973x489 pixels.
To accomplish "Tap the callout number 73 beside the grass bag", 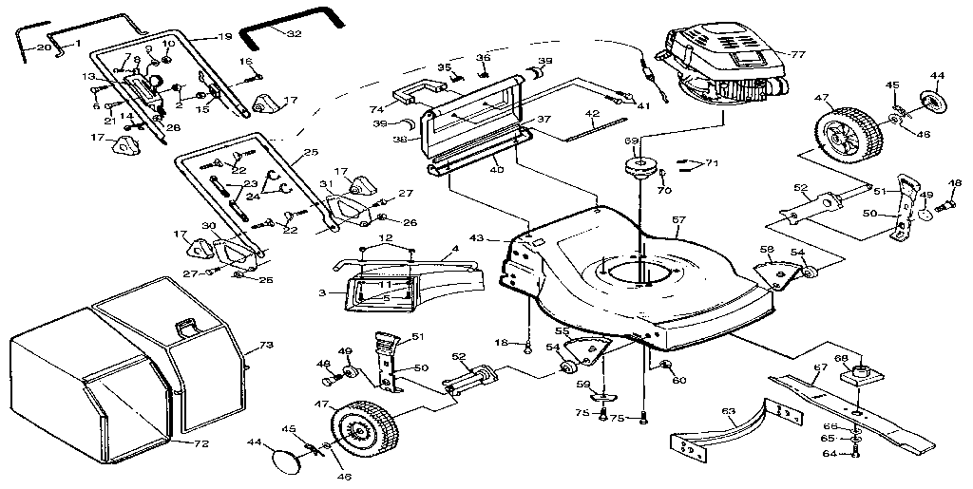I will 266,345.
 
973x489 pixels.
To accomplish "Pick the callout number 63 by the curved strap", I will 729,412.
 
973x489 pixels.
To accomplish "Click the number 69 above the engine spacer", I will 631,141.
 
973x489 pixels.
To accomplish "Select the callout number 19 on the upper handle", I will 224,37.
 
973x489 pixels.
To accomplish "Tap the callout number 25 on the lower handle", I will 310,153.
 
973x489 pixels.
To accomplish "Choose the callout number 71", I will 712,164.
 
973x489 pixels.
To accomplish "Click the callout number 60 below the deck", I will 678,381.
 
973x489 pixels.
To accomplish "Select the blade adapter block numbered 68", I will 861,373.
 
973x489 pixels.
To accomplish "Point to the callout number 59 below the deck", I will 583,384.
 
